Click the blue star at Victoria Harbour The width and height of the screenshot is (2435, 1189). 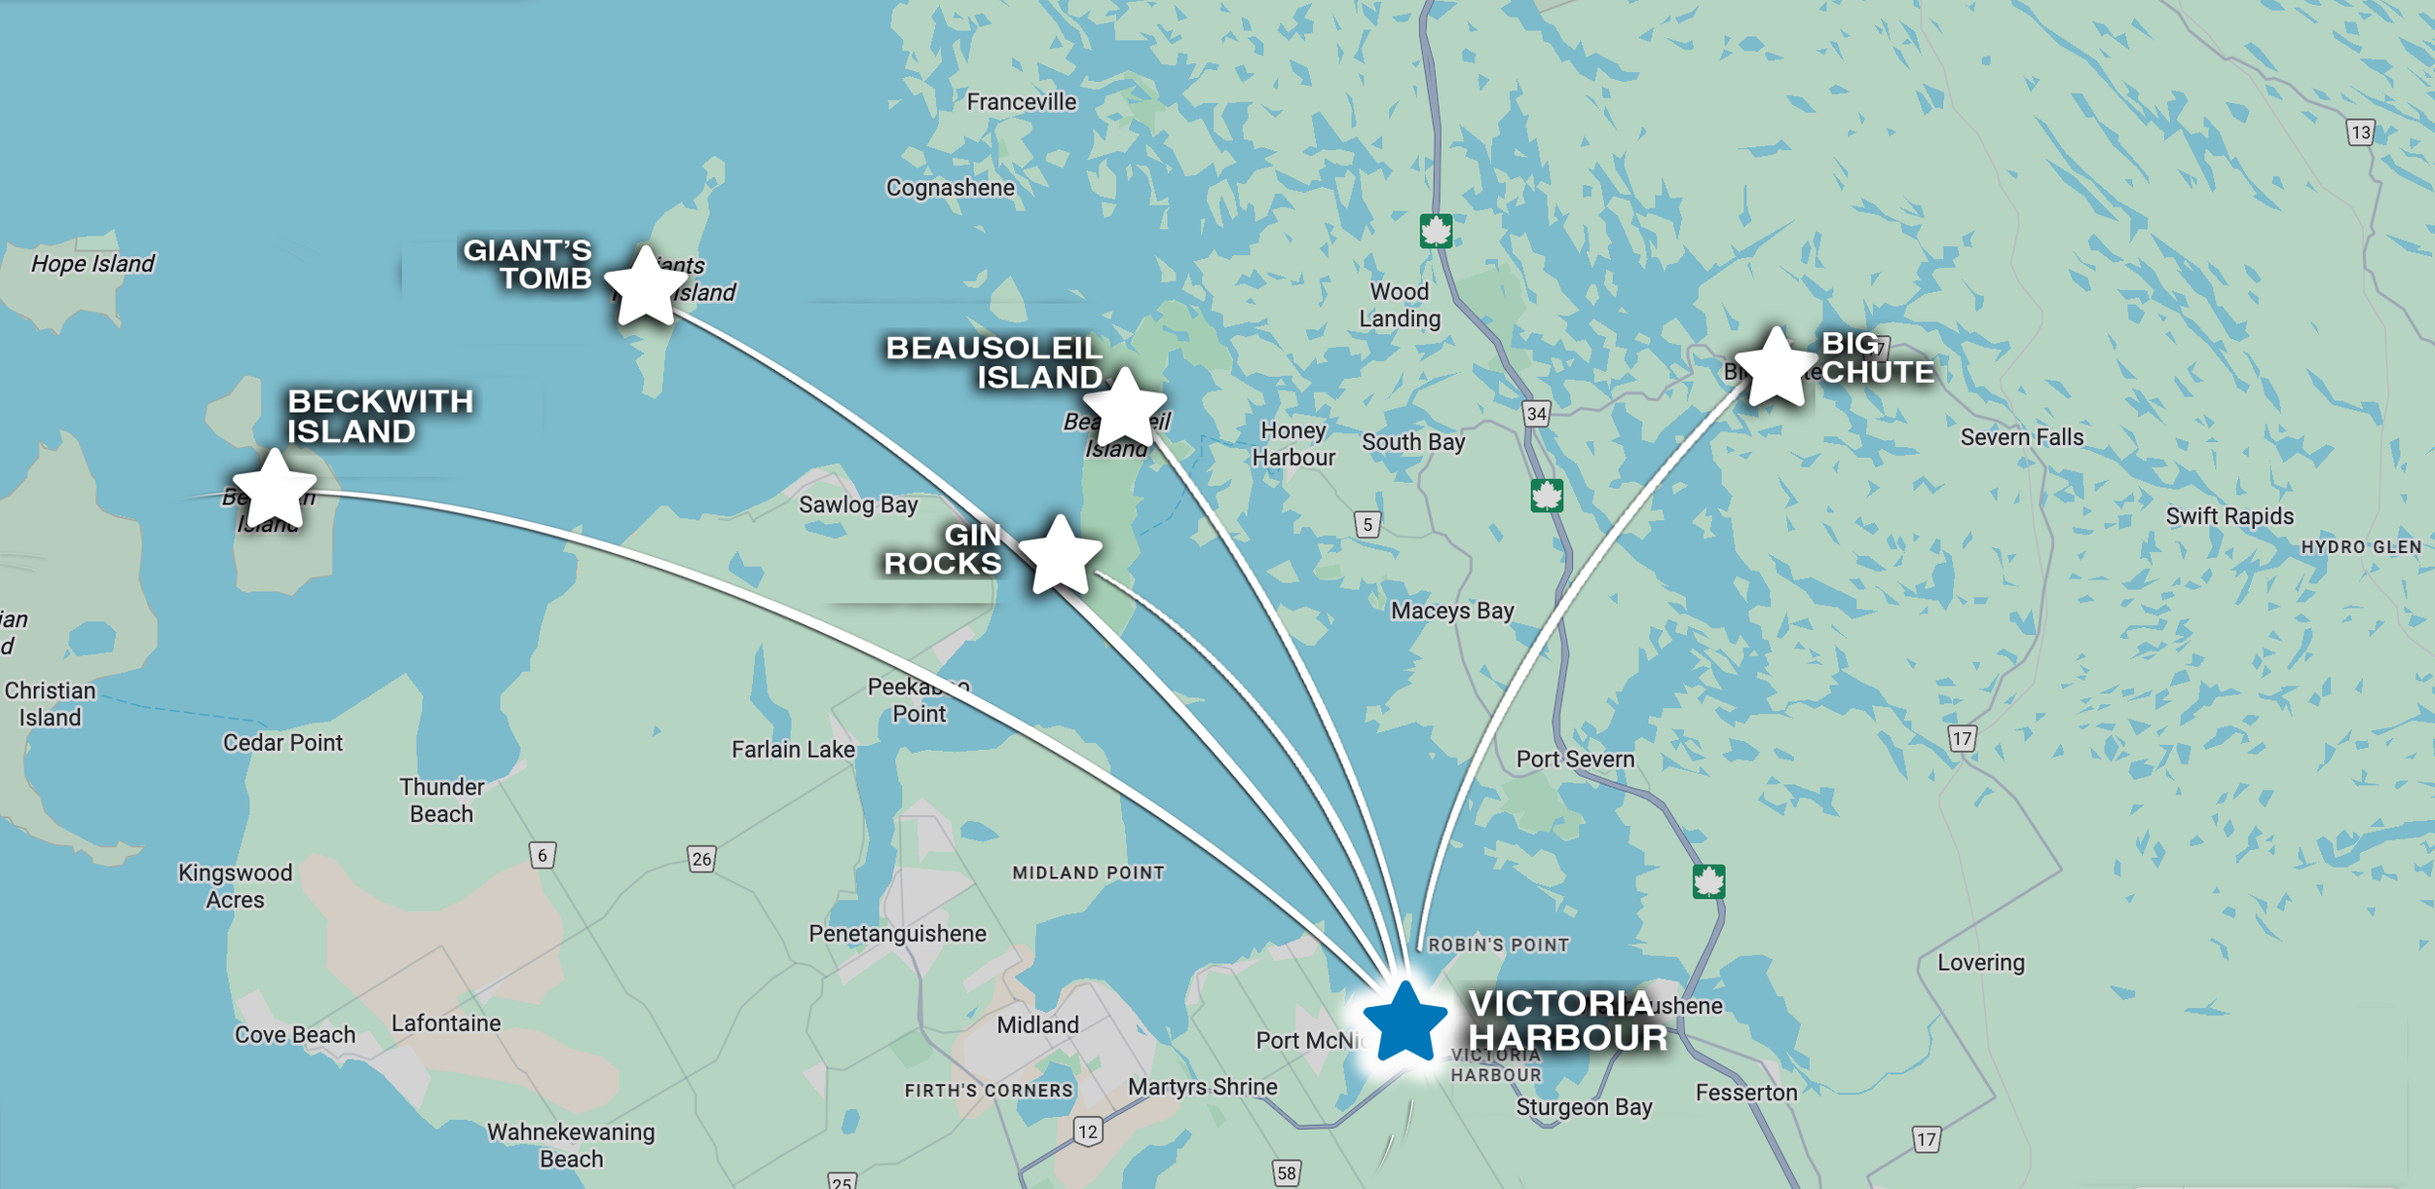[1405, 1022]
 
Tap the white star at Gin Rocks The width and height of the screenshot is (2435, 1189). [1060, 556]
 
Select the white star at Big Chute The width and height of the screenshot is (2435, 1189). [1776, 368]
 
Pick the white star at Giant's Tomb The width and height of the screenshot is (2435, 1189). [645, 287]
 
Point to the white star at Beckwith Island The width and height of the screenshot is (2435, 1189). [275, 490]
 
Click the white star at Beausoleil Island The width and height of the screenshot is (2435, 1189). [1125, 409]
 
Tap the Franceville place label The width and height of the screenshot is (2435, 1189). [1021, 102]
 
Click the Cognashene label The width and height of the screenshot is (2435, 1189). [950, 188]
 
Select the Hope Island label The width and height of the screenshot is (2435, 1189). [93, 264]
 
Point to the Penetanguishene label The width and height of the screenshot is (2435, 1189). [897, 934]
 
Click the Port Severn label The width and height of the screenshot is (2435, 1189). [1575, 760]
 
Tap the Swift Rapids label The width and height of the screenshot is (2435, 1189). [2229, 517]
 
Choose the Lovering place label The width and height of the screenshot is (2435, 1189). [1980, 963]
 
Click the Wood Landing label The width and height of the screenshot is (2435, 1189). [1400, 305]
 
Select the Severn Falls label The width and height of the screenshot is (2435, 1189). [2021, 438]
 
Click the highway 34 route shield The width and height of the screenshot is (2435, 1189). [1536, 414]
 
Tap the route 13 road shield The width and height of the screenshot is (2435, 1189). [2360, 132]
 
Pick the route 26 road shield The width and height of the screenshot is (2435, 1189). [701, 859]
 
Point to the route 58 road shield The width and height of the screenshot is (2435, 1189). [1286, 1172]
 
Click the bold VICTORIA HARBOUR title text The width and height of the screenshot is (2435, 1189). [1567, 1021]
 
